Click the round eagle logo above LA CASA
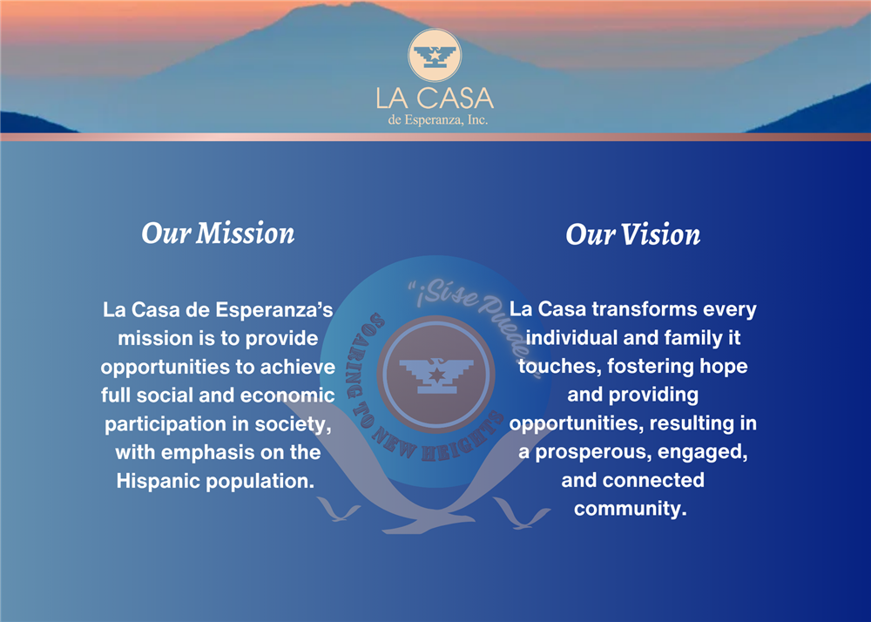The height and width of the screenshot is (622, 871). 435,55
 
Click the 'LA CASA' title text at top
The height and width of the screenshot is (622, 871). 435,98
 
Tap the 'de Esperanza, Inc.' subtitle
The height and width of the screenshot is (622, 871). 438,120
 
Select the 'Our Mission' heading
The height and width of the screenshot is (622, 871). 218,233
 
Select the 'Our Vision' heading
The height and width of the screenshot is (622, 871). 632,234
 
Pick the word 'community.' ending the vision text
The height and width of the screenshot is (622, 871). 631,509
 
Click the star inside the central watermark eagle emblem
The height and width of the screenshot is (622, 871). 436,374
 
